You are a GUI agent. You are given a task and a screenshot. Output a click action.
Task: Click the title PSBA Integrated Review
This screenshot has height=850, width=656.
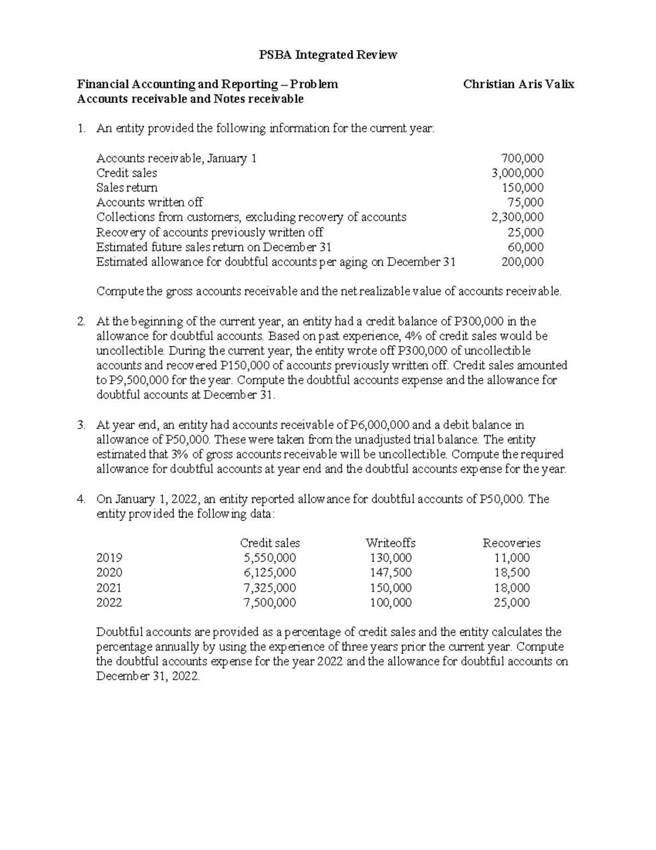point(327,55)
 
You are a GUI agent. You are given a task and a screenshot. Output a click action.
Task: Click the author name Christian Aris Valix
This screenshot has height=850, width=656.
point(518,84)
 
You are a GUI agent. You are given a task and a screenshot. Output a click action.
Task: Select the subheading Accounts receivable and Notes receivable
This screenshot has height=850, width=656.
point(190,99)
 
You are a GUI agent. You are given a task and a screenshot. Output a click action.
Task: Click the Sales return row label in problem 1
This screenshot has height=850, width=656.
point(126,188)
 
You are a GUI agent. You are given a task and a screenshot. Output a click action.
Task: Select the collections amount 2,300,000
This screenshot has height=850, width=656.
point(517,217)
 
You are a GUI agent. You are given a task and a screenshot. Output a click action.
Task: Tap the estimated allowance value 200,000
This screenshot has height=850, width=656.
point(522,262)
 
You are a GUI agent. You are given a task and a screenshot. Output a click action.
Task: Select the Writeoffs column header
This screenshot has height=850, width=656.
point(390,543)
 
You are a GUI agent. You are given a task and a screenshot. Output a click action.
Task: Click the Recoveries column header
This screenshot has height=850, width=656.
point(511,543)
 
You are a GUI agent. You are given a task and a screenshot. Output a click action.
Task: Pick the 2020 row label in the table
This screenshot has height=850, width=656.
point(109,573)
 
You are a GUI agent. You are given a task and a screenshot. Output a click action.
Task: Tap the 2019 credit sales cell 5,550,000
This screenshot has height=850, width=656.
point(270,558)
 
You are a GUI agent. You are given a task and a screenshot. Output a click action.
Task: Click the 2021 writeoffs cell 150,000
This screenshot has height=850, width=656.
point(390,588)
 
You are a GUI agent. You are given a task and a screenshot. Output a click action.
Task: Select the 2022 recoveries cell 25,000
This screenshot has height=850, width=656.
point(511,603)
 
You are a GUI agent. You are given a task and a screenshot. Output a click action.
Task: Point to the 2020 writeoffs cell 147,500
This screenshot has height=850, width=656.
point(390,573)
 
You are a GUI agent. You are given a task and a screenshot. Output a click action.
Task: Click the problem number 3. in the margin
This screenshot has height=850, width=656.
point(81,425)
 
